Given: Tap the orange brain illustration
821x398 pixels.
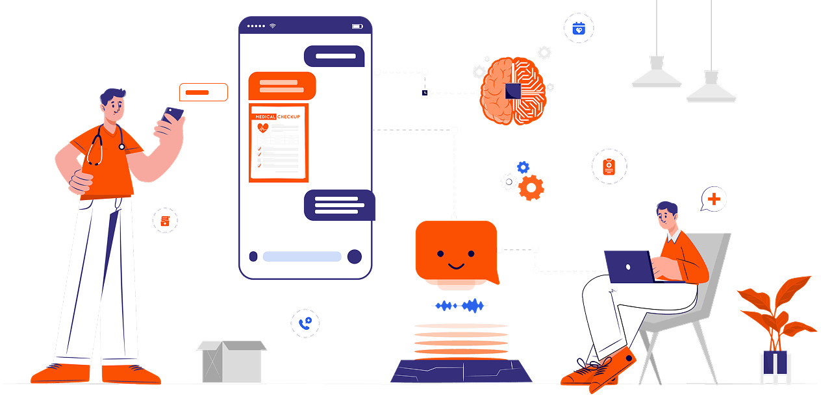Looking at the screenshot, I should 514,90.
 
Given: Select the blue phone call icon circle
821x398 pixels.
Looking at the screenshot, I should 305,323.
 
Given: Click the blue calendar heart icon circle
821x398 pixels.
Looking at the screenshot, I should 579,29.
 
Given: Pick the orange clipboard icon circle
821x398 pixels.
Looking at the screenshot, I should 609,167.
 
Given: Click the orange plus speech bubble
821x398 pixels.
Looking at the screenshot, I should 714,199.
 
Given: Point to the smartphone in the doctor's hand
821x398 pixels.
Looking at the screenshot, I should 173,116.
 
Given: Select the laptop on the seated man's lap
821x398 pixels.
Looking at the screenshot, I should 629,266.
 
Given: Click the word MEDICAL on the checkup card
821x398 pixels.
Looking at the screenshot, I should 264,117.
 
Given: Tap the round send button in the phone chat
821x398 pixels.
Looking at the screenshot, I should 354,256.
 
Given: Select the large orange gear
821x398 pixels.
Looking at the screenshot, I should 531,188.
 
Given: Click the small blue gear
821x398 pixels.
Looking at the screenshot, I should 523,168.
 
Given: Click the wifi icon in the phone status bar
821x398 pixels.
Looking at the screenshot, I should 273,26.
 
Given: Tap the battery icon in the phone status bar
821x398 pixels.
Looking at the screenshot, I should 357,26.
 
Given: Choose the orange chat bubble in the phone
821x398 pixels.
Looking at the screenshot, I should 282,86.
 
